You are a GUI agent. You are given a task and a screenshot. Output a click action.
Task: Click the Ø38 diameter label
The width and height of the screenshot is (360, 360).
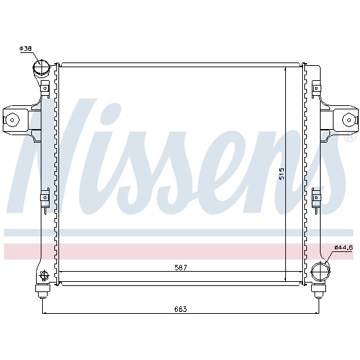tap(25, 48)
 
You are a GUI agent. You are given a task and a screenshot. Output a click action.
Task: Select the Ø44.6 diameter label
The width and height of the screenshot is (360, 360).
tap(343, 247)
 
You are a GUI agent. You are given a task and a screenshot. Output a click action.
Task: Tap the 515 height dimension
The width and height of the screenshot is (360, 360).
tap(282, 173)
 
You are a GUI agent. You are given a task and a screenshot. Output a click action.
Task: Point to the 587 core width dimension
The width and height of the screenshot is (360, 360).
tap(181, 268)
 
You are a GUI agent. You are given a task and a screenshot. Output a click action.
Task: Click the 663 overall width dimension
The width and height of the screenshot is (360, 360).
tap(181, 309)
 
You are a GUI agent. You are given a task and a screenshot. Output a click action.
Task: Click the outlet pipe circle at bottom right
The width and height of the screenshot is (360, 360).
tap(320, 272)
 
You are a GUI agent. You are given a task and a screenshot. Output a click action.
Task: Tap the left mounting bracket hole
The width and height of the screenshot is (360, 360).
tap(12, 120)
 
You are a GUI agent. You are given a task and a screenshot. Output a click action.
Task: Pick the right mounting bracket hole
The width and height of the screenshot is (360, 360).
tap(349, 120)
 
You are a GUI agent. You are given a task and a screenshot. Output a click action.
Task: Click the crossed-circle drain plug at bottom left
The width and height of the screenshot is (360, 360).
tap(43, 275)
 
